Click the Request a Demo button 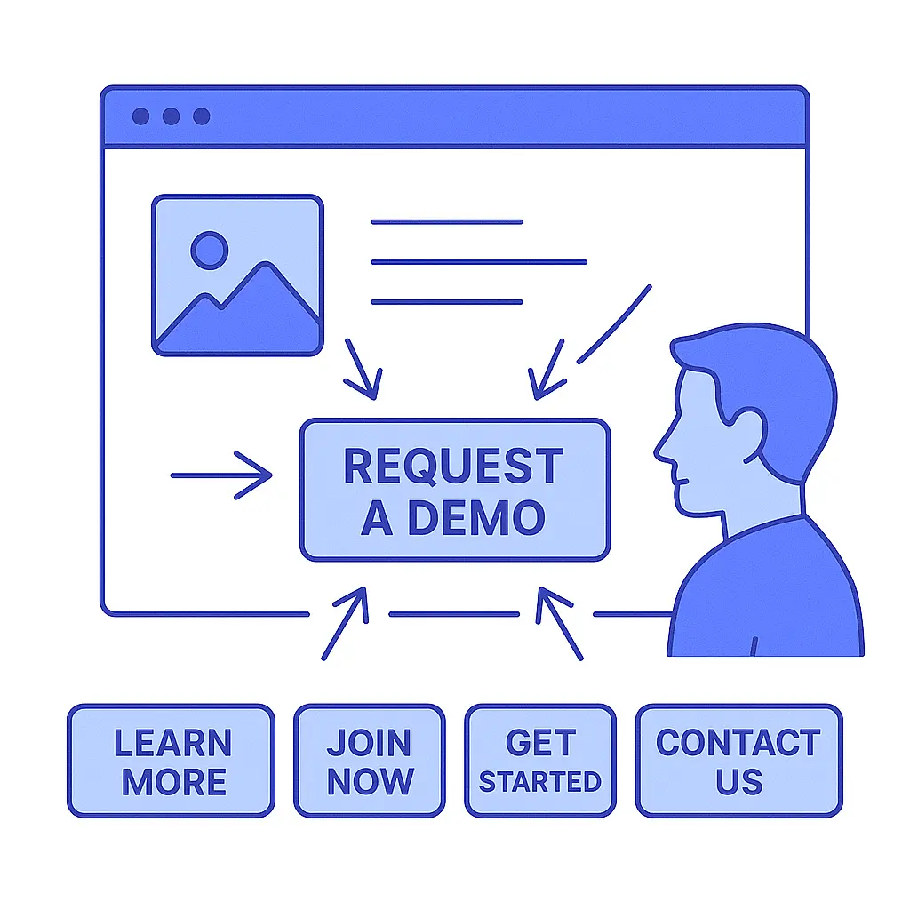(x=454, y=491)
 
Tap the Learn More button (x=171, y=761)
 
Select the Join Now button (x=369, y=761)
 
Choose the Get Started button (x=539, y=761)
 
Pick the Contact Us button (x=738, y=761)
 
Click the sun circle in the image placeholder (x=210, y=250)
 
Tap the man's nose (x=662, y=451)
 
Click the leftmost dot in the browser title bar (x=140, y=116)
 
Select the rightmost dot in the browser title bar (x=202, y=116)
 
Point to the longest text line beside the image (x=478, y=262)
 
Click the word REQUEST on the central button (x=453, y=467)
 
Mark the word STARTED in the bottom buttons (x=539, y=782)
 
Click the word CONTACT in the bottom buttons (x=738, y=743)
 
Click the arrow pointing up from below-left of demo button (x=345, y=622)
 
